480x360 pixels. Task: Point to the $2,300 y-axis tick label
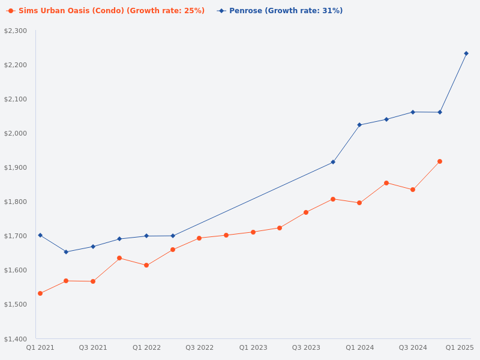click(16, 31)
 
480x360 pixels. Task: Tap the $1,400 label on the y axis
click(16, 339)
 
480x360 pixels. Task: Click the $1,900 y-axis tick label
click(16, 167)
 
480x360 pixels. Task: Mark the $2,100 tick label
click(16, 99)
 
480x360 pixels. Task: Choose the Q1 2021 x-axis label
click(40, 347)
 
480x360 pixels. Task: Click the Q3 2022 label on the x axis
click(199, 347)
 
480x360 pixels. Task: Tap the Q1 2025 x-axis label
click(460, 347)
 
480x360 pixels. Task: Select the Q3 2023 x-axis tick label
click(306, 347)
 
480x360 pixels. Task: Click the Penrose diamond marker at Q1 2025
click(466, 53)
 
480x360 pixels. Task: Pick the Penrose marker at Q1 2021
click(40, 235)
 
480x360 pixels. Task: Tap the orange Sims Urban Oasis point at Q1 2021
click(40, 293)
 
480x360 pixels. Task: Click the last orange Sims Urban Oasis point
click(440, 161)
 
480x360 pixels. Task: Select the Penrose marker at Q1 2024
click(359, 125)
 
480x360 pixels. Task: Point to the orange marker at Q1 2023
click(253, 232)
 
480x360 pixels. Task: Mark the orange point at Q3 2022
click(199, 238)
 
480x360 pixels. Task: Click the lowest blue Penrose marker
click(66, 252)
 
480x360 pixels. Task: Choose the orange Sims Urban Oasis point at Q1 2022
click(146, 265)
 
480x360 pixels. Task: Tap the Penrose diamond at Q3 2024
click(413, 112)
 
